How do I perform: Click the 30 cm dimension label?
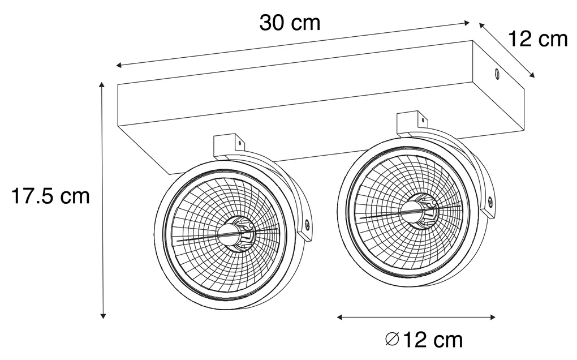[x=290, y=23]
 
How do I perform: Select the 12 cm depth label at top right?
[x=537, y=39]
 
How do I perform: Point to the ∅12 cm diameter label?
[x=423, y=340]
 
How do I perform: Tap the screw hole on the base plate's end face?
[x=497, y=74]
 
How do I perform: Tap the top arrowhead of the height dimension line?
[x=102, y=84]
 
